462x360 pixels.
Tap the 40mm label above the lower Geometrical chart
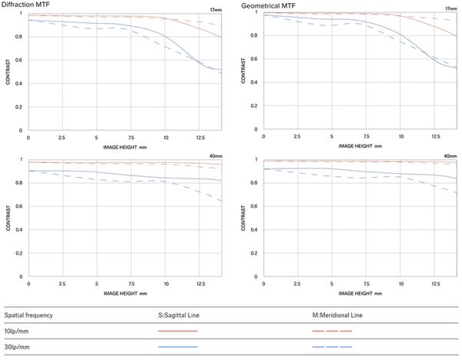pos(449,156)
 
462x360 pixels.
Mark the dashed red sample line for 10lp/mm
pos(332,332)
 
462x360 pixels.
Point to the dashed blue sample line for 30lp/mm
pos(332,347)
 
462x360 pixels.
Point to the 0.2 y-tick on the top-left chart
pos(21,108)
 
